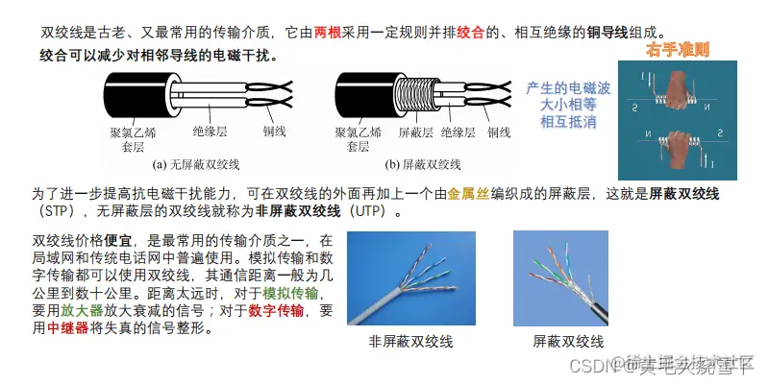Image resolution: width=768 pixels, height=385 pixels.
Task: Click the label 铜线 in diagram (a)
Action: tap(275, 132)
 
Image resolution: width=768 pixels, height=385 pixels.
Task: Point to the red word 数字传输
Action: tap(276, 310)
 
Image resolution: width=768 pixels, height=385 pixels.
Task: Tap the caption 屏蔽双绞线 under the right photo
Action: tap(568, 341)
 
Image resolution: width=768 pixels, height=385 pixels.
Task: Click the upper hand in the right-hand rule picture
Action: tap(679, 97)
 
